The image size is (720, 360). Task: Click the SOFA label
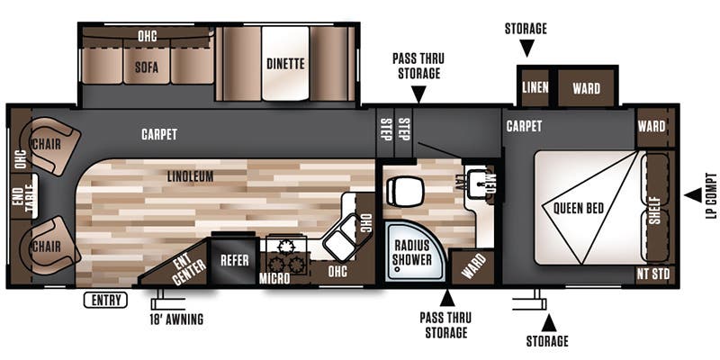point(147,66)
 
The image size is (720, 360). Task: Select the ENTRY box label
point(104,301)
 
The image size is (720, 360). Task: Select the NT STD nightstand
point(654,274)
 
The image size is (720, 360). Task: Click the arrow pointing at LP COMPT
point(691,195)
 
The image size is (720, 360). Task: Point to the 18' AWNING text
point(175,319)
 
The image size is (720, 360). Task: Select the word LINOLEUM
point(189,176)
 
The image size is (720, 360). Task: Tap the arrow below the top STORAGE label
point(526,49)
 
